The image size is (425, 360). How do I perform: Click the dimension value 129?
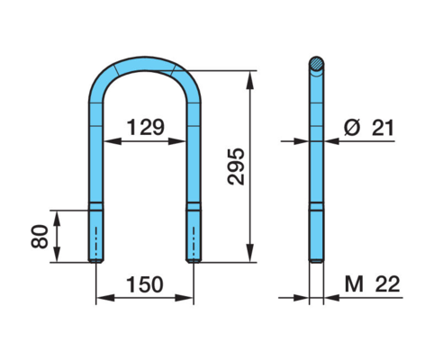click(146, 127)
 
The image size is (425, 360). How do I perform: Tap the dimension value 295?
click(236, 166)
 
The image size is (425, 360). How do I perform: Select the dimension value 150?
click(145, 284)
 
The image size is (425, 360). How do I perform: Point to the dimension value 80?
click(40, 237)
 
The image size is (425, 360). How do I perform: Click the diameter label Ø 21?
click(368, 128)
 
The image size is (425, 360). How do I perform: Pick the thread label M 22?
click(372, 284)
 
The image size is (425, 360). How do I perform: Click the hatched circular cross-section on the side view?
click(316, 63)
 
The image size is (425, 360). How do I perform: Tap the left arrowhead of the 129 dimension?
click(113, 141)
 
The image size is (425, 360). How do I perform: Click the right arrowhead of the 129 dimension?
click(177, 141)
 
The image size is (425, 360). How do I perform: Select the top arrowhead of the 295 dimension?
click(249, 80)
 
